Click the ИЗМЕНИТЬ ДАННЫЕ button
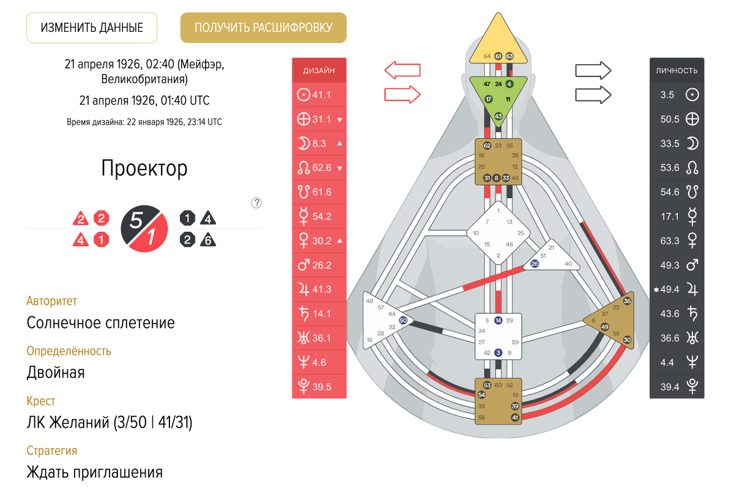92,28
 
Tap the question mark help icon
257,203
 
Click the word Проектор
144,168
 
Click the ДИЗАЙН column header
319,70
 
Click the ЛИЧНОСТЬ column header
677,70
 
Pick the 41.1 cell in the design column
319,95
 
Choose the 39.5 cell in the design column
319,387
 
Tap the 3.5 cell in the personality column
677,95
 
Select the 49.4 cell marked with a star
677,289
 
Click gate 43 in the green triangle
499,116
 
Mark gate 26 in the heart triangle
535,264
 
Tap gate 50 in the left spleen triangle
402,320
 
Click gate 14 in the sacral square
499,320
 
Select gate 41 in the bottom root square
515,418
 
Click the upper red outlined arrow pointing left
402,70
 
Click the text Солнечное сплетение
101,322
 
